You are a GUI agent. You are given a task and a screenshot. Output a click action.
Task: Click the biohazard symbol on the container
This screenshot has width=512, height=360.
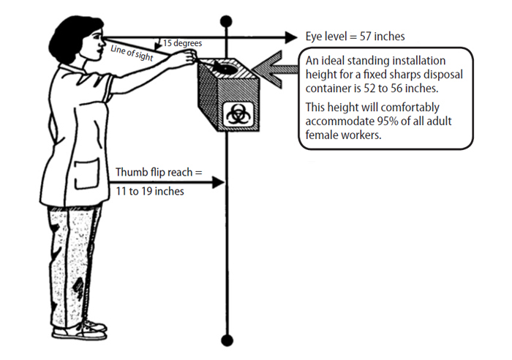[238, 115]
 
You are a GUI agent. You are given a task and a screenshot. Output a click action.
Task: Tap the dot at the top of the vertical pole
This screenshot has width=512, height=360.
[226, 21]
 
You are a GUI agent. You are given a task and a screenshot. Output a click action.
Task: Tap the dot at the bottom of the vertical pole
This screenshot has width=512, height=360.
[227, 340]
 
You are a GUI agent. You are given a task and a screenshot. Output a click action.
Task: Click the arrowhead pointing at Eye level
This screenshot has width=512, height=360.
[290, 37]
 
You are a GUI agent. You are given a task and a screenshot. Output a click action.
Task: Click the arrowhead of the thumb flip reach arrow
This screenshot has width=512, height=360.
[219, 181]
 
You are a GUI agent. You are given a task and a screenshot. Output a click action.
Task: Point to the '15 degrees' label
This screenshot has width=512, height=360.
[183, 43]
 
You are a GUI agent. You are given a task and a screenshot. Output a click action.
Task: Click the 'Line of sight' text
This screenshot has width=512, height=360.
[132, 53]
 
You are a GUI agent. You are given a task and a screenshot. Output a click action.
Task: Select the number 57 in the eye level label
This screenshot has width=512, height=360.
[366, 37]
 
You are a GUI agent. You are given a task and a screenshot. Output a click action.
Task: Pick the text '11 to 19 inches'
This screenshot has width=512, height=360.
[150, 191]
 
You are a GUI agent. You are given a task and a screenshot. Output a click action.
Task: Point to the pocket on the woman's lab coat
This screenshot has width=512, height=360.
[87, 174]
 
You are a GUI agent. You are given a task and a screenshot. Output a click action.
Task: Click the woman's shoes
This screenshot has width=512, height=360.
[80, 329]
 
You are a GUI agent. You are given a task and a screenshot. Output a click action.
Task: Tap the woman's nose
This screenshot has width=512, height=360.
[102, 42]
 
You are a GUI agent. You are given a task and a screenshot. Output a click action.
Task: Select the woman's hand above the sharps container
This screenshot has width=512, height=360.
[184, 59]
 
